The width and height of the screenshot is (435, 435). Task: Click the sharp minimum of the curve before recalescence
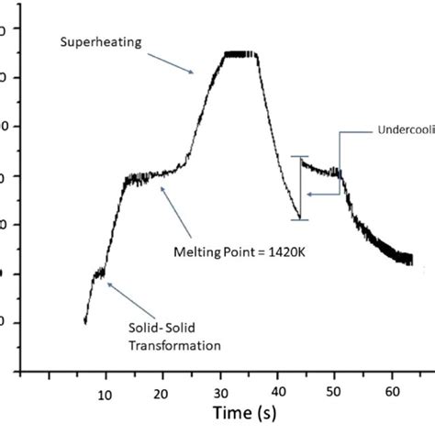pyautogui.click(x=298, y=218)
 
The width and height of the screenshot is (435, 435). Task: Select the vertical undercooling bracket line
pyautogui.click(x=299, y=188)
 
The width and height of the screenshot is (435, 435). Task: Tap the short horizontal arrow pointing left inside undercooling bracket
pyautogui.click(x=322, y=194)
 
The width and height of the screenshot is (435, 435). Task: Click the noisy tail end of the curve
pyautogui.click(x=400, y=256)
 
